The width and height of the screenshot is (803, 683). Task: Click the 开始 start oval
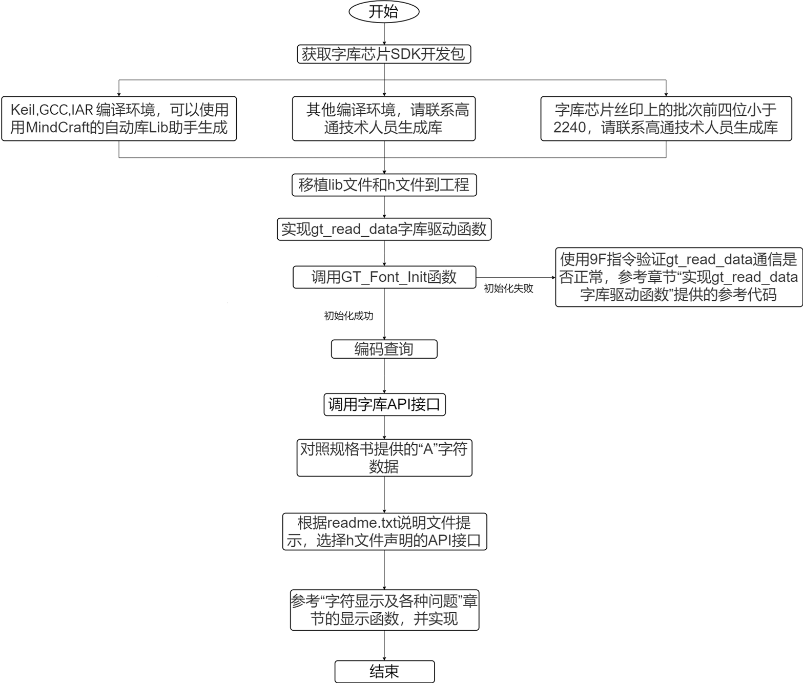(x=384, y=12)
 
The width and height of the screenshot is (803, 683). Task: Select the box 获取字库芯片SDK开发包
(x=384, y=54)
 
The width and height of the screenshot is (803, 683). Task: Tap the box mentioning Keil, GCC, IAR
(x=119, y=118)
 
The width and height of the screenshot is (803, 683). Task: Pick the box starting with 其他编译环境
(x=384, y=118)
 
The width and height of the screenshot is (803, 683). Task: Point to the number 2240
(x=569, y=128)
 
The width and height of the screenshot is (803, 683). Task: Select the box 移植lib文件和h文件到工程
(x=384, y=185)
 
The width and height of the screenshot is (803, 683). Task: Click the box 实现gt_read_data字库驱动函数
(x=384, y=229)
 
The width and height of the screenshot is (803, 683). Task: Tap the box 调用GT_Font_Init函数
(x=384, y=277)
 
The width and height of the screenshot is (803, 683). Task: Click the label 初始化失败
(x=508, y=288)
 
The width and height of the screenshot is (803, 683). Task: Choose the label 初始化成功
(x=348, y=316)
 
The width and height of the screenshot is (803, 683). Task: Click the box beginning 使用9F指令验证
(x=678, y=277)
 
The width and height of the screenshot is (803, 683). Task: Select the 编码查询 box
(x=384, y=349)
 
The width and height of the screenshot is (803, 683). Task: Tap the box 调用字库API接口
(x=384, y=404)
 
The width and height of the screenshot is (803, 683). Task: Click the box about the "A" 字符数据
(x=384, y=458)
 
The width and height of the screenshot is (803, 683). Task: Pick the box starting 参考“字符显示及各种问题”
(x=384, y=610)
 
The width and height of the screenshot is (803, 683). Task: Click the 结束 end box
(x=384, y=671)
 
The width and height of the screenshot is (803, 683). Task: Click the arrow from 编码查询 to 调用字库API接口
(x=384, y=376)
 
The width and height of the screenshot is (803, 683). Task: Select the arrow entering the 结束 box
(x=384, y=645)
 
